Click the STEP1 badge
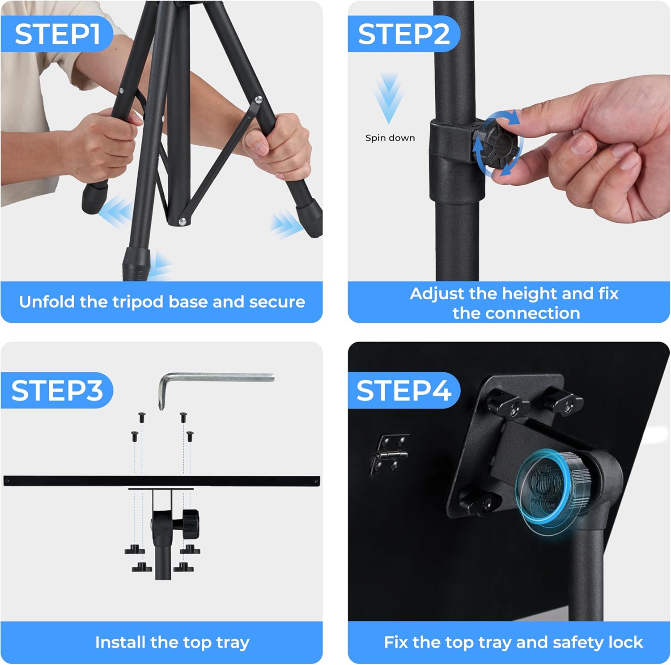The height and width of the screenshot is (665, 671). [56, 34]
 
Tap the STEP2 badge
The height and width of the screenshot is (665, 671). [403, 34]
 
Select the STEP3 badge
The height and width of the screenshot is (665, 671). [57, 390]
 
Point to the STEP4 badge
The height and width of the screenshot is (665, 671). [403, 390]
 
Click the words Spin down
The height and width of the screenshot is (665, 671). [390, 138]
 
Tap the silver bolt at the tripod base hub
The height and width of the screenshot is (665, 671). [182, 221]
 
